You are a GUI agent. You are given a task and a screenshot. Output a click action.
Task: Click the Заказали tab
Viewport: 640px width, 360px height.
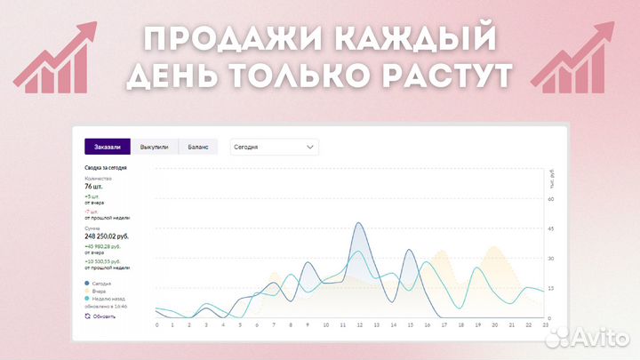(x=108, y=147)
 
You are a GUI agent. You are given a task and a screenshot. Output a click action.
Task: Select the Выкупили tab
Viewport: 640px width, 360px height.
(x=154, y=147)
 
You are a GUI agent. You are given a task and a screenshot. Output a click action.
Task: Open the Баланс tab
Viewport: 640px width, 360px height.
(x=198, y=147)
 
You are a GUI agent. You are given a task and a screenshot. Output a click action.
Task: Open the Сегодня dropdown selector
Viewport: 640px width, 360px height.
(x=273, y=147)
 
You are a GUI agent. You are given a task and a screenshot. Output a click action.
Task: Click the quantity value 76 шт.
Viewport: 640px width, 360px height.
(x=94, y=188)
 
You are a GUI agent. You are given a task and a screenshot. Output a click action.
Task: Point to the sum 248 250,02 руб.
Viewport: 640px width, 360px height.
(x=107, y=236)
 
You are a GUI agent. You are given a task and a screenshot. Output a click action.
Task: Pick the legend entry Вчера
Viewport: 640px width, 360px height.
(x=100, y=291)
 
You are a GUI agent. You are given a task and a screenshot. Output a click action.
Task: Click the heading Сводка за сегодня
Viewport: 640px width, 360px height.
(x=105, y=168)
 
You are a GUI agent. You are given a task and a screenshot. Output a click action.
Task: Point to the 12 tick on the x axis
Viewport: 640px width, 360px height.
(x=358, y=325)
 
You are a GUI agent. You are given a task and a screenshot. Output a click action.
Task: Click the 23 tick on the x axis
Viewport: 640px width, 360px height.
(x=545, y=325)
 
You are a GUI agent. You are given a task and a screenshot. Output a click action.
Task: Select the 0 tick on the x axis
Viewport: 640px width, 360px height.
(x=156, y=325)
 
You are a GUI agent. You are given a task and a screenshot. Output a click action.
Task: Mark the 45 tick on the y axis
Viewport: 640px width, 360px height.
(x=551, y=228)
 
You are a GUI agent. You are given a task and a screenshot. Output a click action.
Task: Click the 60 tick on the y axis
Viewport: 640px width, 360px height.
(x=551, y=199)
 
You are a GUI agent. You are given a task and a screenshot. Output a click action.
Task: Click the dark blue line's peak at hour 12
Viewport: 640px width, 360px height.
(x=358, y=223)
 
